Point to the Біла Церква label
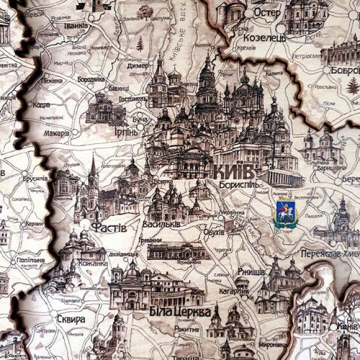(x=181, y=312)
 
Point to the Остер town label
(x=266, y=12)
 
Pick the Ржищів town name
(x=251, y=271)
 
